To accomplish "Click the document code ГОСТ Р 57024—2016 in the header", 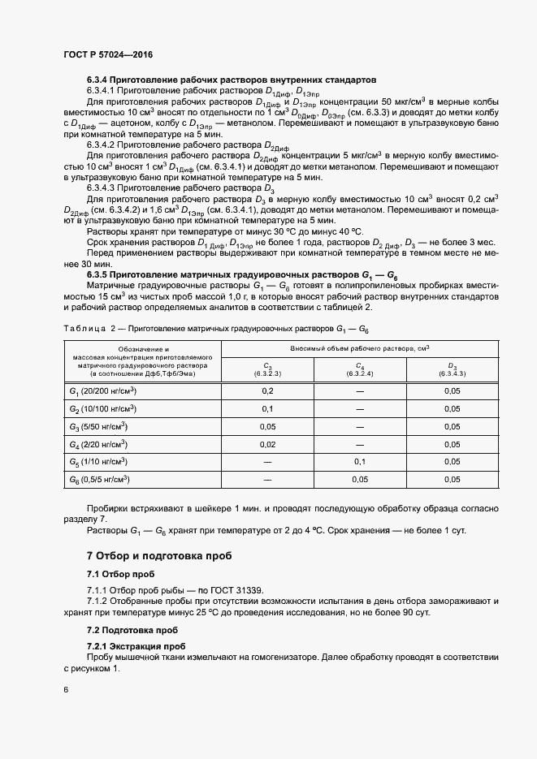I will click(107, 54).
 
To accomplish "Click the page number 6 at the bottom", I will click(66, 690).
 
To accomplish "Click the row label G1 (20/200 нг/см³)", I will click(100, 390).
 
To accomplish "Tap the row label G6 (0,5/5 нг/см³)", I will click(100, 480).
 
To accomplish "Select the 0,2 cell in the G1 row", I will click(267, 390).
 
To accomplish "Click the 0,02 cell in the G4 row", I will click(267, 444).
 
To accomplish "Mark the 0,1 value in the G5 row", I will click(359, 462).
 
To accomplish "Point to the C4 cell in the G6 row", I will click(359, 480).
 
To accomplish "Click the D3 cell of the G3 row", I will click(452, 426).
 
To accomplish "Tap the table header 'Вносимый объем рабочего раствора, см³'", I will click(360, 347).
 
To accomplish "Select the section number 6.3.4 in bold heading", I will click(97, 81).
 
